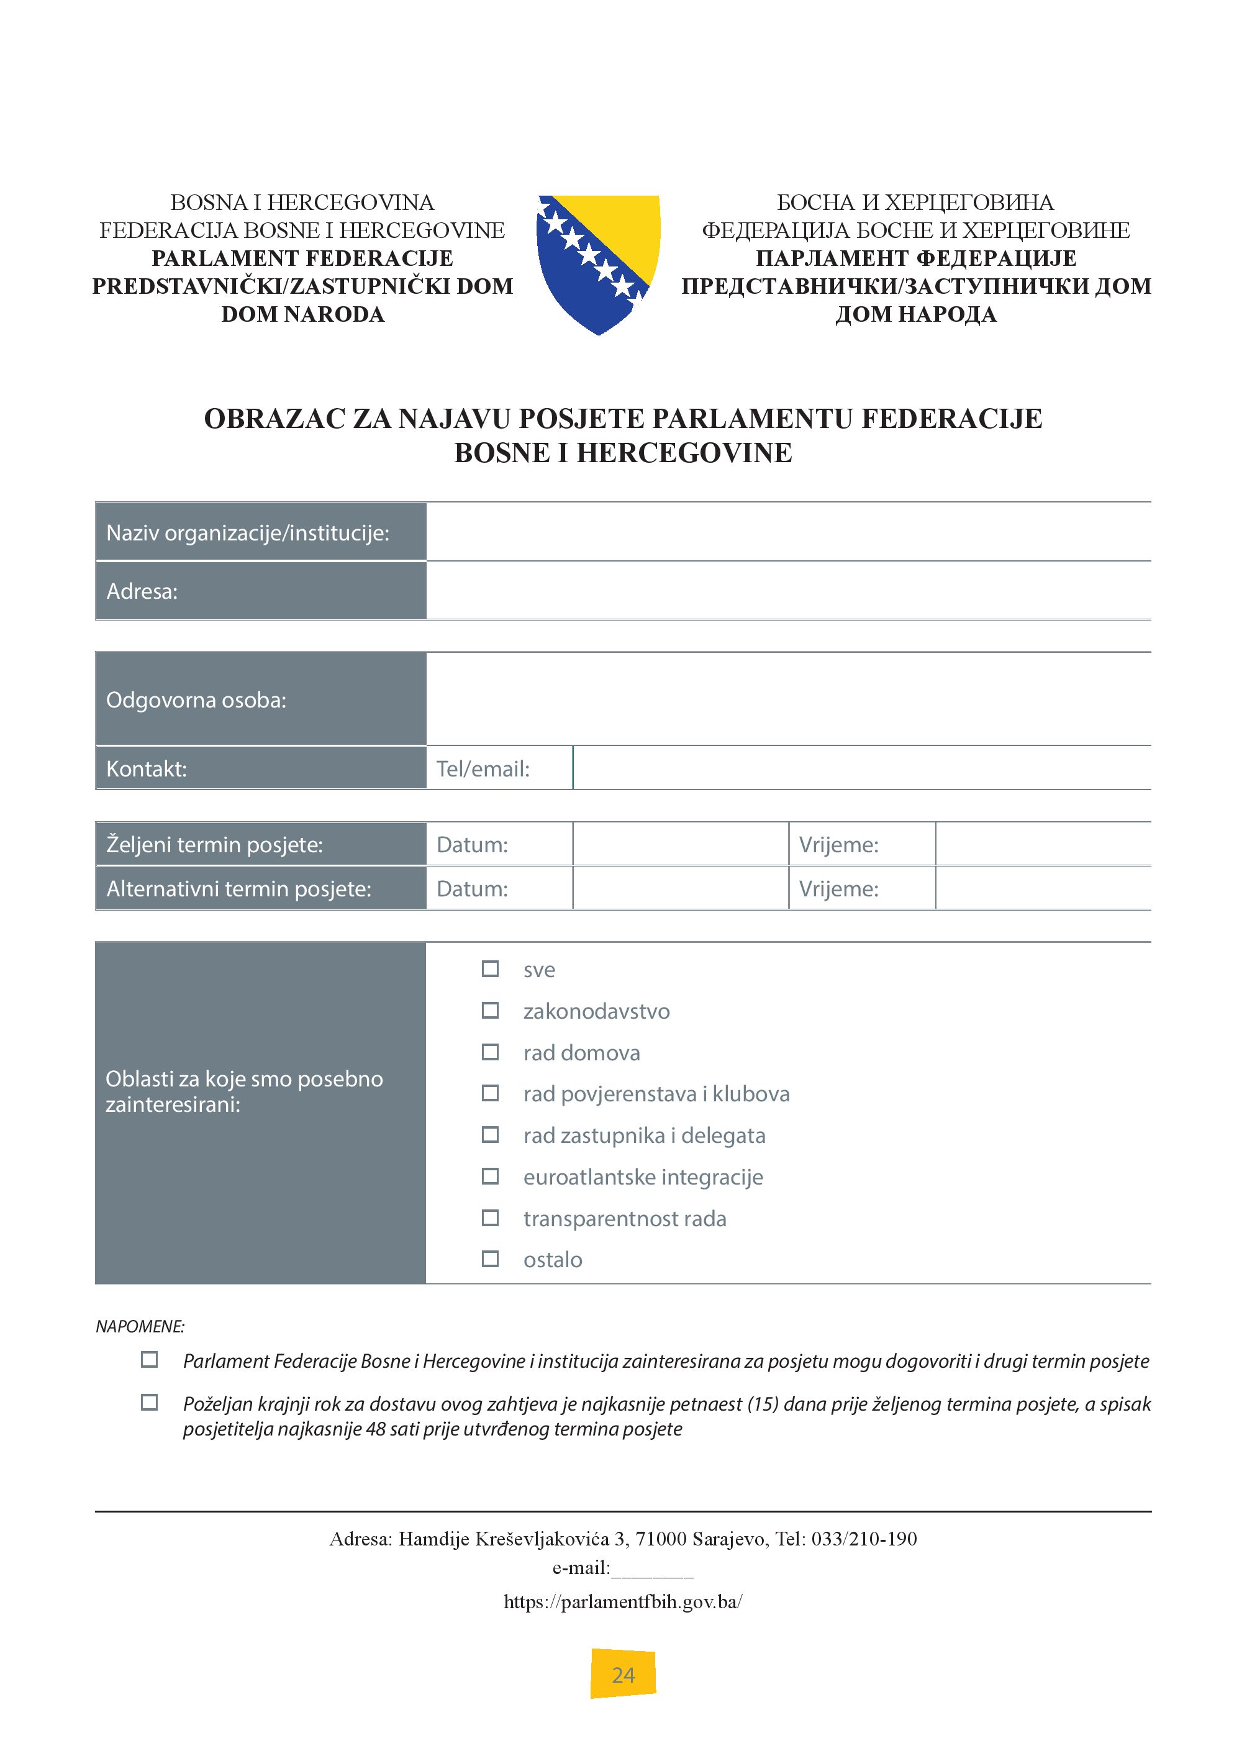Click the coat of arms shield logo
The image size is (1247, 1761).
pyautogui.click(x=598, y=263)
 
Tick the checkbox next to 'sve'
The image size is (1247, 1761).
pyautogui.click(x=490, y=969)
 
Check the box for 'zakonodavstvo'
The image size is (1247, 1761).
pyautogui.click(x=490, y=1011)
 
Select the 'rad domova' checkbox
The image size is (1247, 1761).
pyautogui.click(x=490, y=1052)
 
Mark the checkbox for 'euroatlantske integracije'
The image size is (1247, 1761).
pyautogui.click(x=490, y=1176)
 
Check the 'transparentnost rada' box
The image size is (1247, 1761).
pyautogui.click(x=490, y=1218)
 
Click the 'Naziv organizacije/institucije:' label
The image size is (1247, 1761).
pyautogui.click(x=247, y=533)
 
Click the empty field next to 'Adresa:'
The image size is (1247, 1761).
pyautogui.click(x=788, y=591)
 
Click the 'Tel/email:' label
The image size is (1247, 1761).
pyautogui.click(x=483, y=769)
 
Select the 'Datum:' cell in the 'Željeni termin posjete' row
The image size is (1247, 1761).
pyautogui.click(x=472, y=845)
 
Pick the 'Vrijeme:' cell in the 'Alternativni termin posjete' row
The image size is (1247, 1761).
pyautogui.click(x=838, y=888)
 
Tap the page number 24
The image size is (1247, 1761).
pyautogui.click(x=623, y=1675)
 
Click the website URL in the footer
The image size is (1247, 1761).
pyautogui.click(x=623, y=1601)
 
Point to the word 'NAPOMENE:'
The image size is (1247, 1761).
pyautogui.click(x=140, y=1326)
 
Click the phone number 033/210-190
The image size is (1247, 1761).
pyautogui.click(x=864, y=1539)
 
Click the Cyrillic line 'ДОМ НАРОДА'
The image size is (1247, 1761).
pyautogui.click(x=916, y=314)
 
